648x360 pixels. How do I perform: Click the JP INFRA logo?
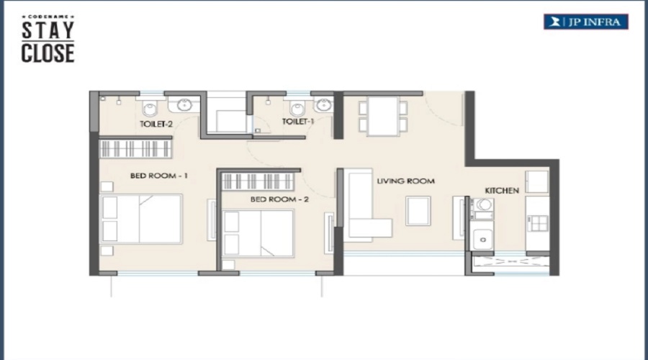585,22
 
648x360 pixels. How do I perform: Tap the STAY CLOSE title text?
48,40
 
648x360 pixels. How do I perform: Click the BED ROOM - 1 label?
159,176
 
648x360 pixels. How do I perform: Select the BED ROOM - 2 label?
279,199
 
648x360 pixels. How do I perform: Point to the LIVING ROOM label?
405,181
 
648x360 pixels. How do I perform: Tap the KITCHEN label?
502,191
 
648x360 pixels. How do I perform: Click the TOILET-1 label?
298,122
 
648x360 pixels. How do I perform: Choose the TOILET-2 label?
156,124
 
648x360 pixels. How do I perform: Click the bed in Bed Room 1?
141,219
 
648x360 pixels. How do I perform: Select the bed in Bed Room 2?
258,233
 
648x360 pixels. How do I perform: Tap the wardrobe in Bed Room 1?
135,149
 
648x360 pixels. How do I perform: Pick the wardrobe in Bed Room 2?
258,181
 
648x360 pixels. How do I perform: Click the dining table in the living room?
383,116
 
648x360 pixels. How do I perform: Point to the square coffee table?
418,211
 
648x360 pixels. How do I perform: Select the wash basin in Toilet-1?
323,104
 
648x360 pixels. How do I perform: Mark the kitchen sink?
482,239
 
